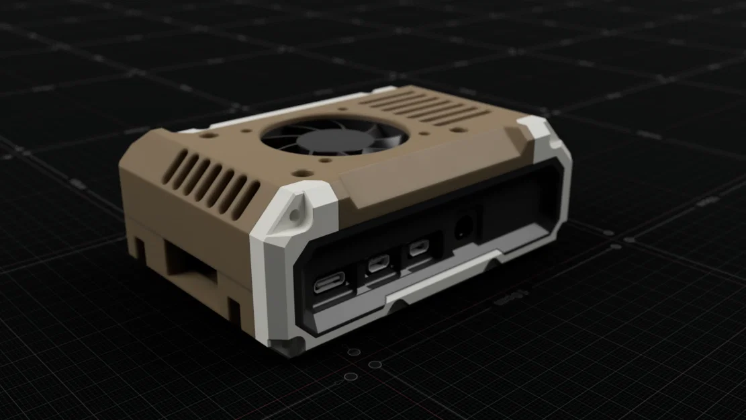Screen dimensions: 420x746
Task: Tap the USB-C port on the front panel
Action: (x=328, y=282)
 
